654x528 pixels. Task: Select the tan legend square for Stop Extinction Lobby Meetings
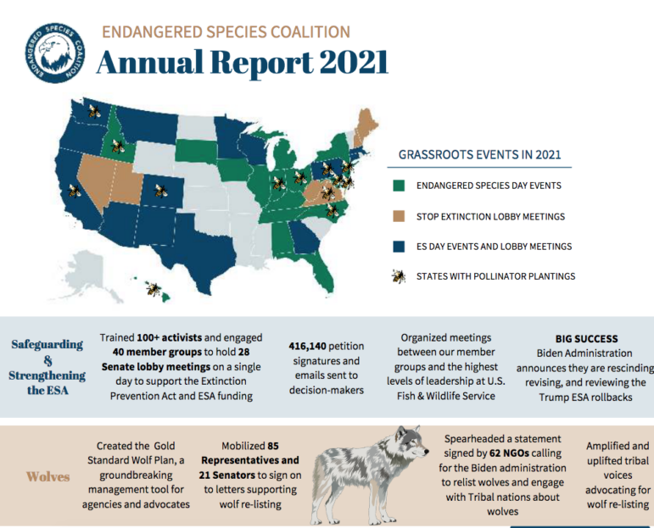click(398, 216)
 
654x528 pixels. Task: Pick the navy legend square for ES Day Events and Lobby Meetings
click(398, 246)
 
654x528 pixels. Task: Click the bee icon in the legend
click(398, 276)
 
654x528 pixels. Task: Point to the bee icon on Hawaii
click(154, 289)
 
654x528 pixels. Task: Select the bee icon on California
click(75, 192)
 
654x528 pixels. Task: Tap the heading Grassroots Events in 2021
click(479, 155)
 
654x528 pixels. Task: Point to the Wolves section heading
click(48, 476)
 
